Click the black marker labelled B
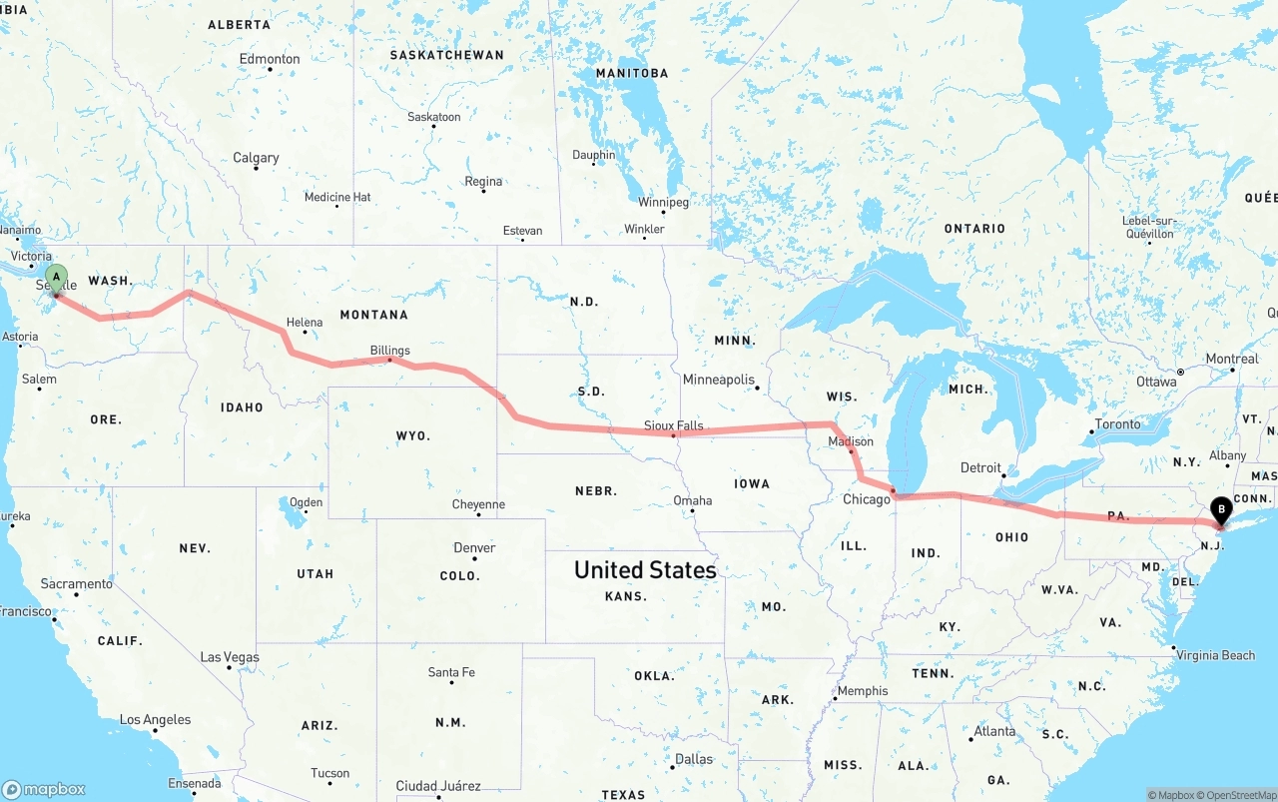[1220, 509]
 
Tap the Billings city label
[389, 351]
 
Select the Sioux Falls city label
[673, 425]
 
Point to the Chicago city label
[866, 499]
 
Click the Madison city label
[850, 441]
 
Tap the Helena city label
[305, 323]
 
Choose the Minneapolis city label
[718, 380]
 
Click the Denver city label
[474, 547]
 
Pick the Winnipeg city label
[663, 202]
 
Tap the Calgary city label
[256, 158]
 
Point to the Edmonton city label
[270, 59]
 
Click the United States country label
[645, 570]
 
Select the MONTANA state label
[373, 315]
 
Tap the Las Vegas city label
[230, 657]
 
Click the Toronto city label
[1117, 424]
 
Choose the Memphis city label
[863, 691]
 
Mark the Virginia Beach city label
[1215, 655]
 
